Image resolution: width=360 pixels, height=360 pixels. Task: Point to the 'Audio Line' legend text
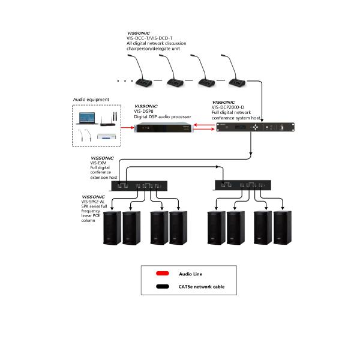click(x=190, y=274)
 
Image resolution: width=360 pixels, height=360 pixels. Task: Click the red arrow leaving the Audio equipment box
click(x=125, y=128)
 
